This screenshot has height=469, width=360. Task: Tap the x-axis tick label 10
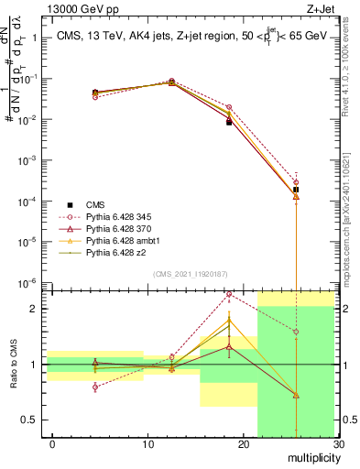[147, 444]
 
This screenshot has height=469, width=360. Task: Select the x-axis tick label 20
[243, 444]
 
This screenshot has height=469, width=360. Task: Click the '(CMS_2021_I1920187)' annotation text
[191, 274]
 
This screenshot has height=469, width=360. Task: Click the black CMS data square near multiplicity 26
[295, 190]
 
